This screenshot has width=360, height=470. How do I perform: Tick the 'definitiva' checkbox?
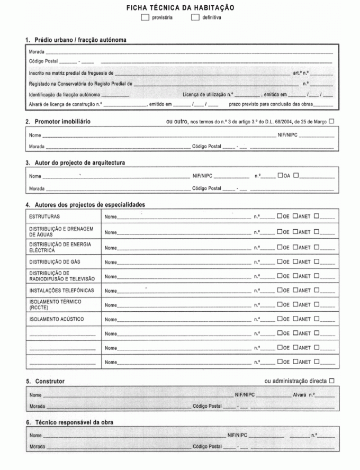[x=195, y=17]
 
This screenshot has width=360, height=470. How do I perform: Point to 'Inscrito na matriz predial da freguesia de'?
[x=71, y=73]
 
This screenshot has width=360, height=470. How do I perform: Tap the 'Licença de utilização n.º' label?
[x=208, y=94]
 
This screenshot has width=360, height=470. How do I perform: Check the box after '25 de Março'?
[x=331, y=122]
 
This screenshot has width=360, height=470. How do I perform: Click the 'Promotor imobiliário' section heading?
[x=63, y=122]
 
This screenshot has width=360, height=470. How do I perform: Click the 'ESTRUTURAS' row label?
[x=44, y=216]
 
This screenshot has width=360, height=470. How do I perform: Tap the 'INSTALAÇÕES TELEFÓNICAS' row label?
[x=61, y=291]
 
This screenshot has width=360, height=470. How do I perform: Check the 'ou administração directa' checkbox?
[x=331, y=381]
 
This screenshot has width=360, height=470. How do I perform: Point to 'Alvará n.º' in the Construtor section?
[x=304, y=395]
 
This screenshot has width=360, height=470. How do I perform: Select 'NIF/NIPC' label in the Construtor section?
[x=245, y=395]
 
